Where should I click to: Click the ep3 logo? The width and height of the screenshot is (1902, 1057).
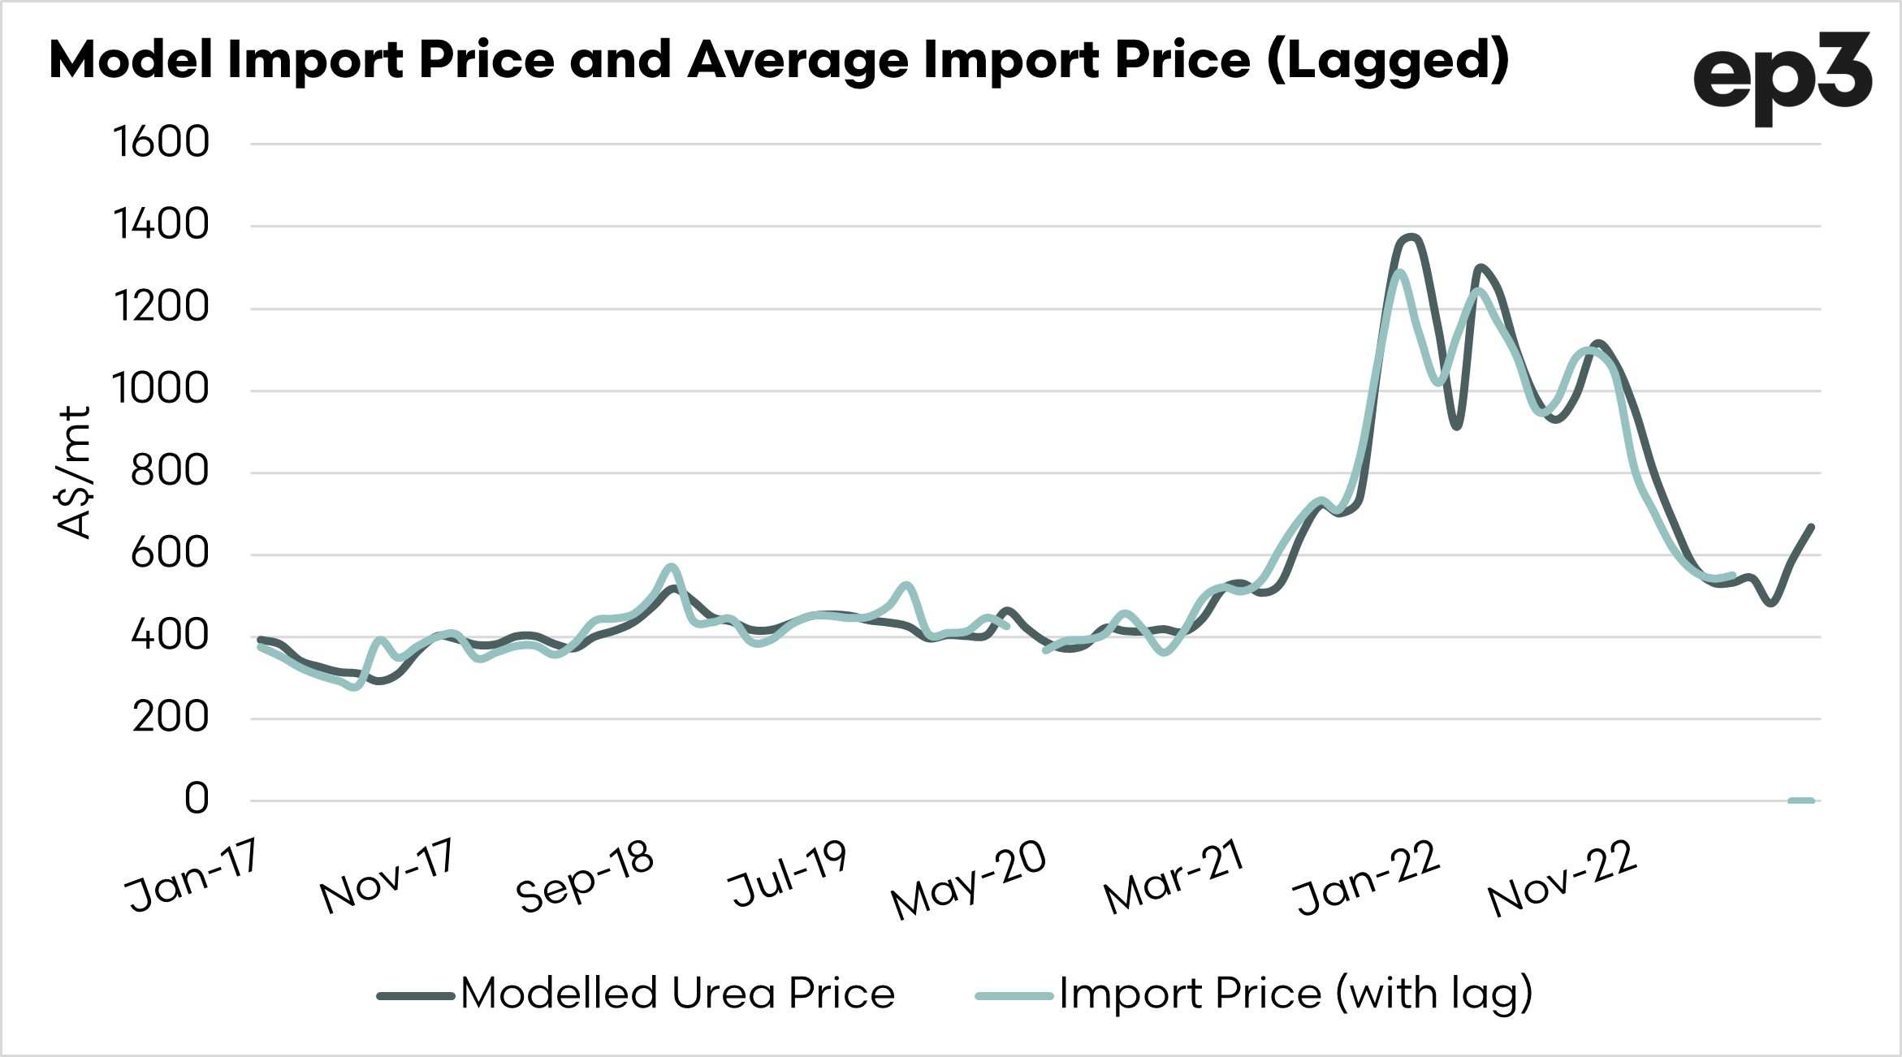click(1782, 76)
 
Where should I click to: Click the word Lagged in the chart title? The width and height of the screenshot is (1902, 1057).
click(1388, 62)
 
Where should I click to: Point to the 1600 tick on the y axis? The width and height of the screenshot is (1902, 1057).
click(161, 143)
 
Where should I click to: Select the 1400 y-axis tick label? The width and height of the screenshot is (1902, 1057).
click(161, 225)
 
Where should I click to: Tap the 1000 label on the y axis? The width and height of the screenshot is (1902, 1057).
click(161, 389)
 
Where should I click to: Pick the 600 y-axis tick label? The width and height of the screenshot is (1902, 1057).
click(170, 554)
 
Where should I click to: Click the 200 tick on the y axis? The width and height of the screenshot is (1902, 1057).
click(170, 718)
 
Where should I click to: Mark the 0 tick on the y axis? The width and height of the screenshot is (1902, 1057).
click(197, 799)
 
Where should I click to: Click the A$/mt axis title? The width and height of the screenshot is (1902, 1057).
click(75, 472)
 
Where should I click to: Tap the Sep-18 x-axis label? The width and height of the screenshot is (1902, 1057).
click(585, 876)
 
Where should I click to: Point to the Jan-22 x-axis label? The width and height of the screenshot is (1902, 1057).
click(1366, 878)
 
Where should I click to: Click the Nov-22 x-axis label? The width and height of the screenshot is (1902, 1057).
click(1561, 878)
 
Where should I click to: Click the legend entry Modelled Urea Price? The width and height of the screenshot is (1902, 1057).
click(677, 994)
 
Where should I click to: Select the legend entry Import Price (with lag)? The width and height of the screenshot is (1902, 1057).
click(1295, 994)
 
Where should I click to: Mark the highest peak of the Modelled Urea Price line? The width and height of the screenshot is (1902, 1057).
click(1411, 237)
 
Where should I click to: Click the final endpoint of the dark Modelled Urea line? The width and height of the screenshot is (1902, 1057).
click(1811, 528)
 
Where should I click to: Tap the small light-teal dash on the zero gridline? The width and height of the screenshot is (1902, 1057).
click(1800, 800)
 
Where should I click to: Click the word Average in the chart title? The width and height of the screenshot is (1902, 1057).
click(798, 62)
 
